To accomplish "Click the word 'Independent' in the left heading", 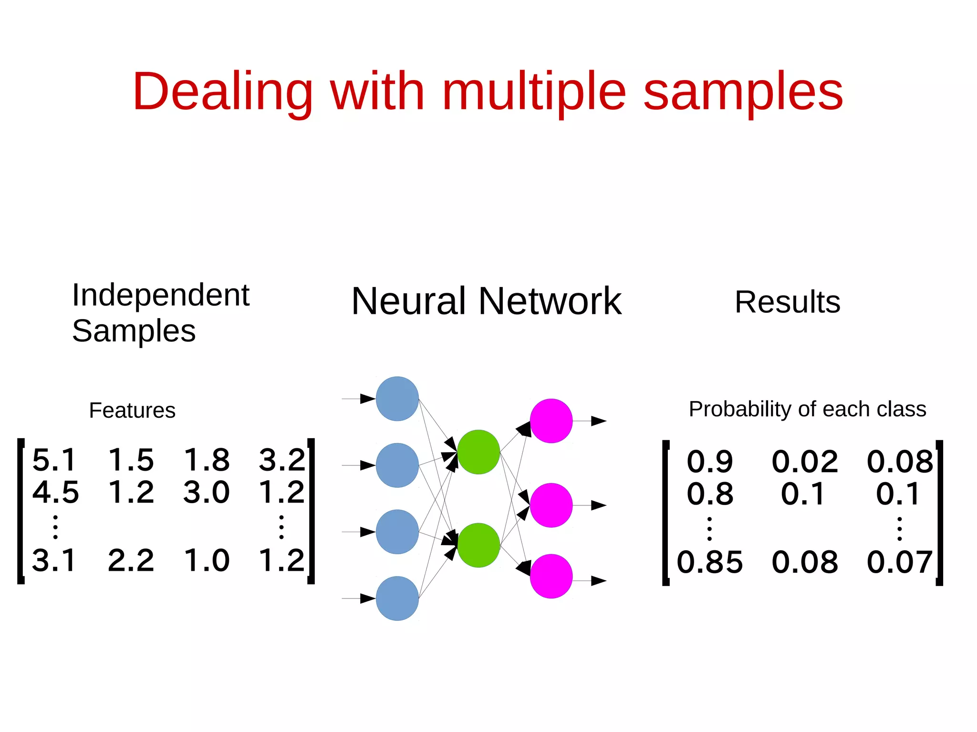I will coord(161,295).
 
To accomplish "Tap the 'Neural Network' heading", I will coord(486,301).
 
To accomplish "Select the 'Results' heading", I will coord(787,302).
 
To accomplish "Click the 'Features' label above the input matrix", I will coord(132,411).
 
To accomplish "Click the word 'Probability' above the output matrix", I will coord(739,409).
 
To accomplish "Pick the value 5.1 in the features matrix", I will coord(54,460).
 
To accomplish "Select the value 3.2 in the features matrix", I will coord(281,460).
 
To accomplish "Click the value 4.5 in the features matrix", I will coord(55,492).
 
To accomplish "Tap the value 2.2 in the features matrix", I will coord(131,560).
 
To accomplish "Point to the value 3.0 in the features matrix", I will coord(206,492).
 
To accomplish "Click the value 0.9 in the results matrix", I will coord(709,462).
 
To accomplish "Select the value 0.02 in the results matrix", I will coord(804,462).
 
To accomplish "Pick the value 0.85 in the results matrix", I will coord(709,562).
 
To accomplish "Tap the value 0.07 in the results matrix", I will coord(899,562).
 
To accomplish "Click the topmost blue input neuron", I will coord(397,399).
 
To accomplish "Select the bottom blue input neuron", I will coord(397,598).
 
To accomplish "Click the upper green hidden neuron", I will coord(478,452).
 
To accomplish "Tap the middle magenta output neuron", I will coord(551,505).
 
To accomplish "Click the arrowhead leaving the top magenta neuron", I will coord(598,421).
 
